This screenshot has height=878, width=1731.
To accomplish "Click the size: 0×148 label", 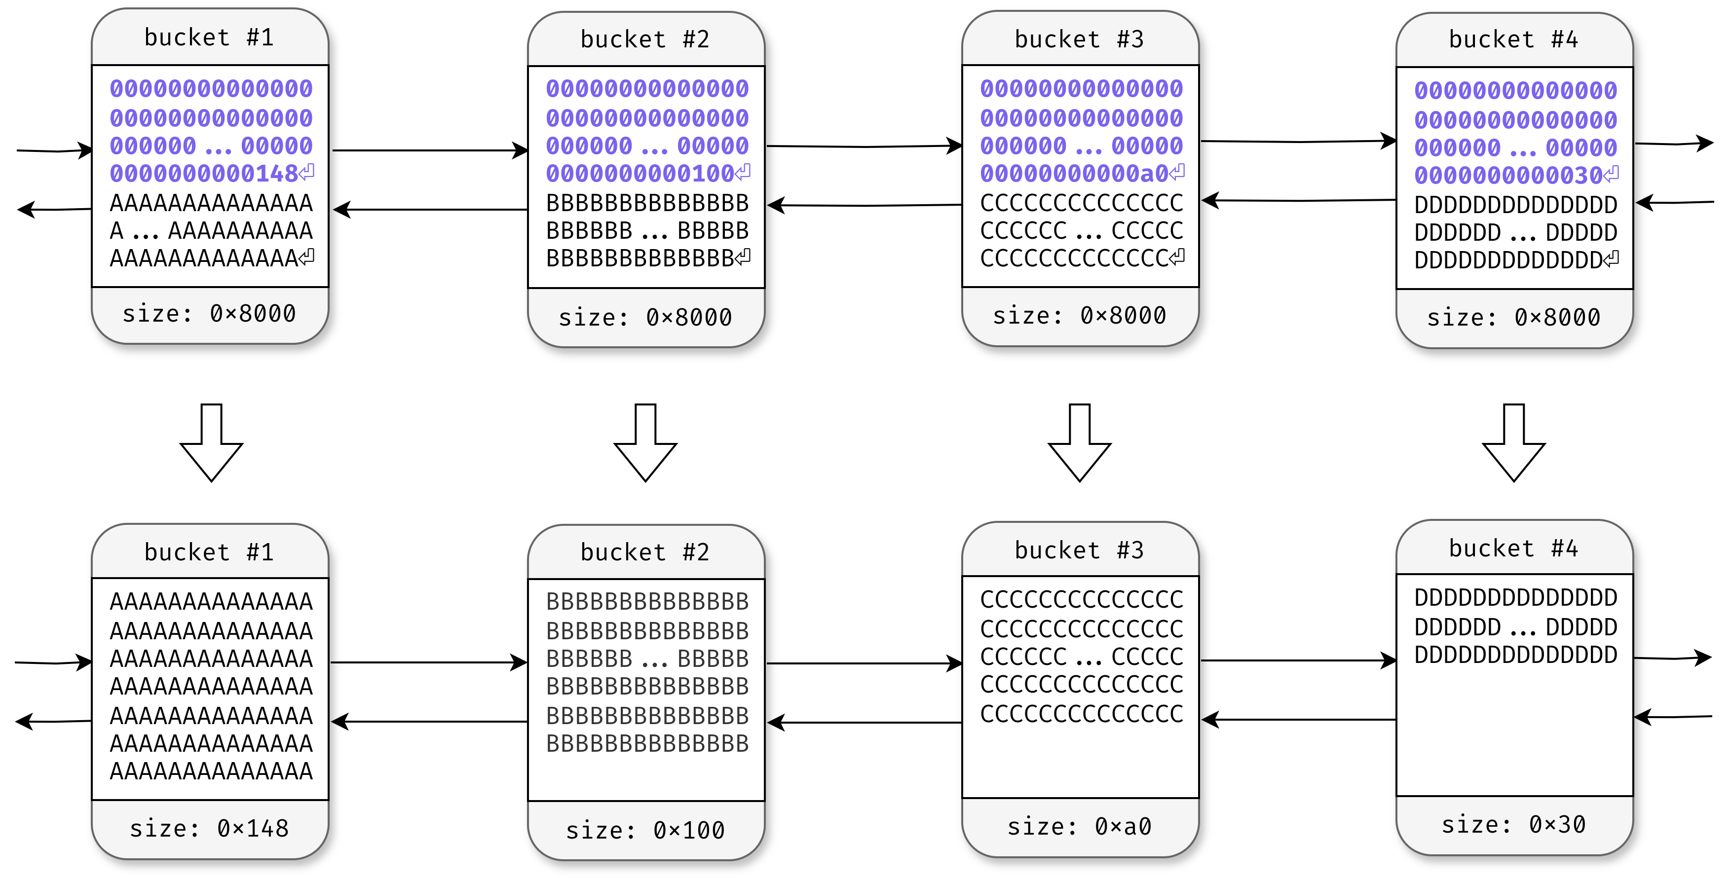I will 209,828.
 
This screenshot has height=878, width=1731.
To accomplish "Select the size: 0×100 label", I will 645,830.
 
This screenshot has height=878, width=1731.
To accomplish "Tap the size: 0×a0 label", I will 1079,826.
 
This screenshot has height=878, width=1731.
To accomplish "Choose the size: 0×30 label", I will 1513,824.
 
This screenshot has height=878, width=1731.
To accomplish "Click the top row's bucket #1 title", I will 209,37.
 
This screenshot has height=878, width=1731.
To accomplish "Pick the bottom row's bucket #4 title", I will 1513,548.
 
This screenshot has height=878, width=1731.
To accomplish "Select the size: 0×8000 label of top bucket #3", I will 1079,315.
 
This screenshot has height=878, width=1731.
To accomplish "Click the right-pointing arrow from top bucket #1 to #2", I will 430,150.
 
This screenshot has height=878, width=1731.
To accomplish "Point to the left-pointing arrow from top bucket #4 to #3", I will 1298,200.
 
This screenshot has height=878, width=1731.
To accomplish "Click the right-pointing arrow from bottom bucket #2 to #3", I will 864,664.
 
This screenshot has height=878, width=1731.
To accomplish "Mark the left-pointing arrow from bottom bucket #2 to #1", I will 430,722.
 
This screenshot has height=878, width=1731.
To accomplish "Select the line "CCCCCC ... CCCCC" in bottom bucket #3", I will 1081,657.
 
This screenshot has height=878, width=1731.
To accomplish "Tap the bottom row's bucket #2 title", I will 645,552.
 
